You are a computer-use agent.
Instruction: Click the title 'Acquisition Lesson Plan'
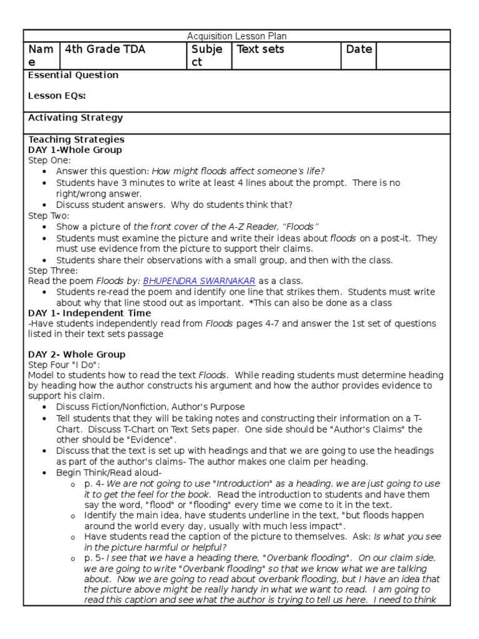pyautogui.click(x=237, y=37)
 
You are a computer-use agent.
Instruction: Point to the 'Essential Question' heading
pyautogui.click(x=73, y=76)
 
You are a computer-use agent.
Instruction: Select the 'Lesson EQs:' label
pyautogui.click(x=57, y=96)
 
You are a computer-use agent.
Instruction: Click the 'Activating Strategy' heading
pyautogui.click(x=75, y=118)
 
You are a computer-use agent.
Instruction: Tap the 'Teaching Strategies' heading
pyautogui.click(x=76, y=140)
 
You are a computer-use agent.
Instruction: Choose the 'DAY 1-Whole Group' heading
pyautogui.click(x=75, y=150)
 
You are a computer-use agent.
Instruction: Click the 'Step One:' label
pyautogui.click(x=49, y=161)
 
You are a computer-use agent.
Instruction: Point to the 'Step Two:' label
pyautogui.click(x=49, y=215)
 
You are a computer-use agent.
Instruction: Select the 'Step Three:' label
pyautogui.click(x=53, y=271)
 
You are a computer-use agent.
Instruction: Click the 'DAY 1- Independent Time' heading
pyautogui.click(x=89, y=313)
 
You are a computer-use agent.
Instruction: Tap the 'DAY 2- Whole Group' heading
pyautogui.click(x=77, y=354)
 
